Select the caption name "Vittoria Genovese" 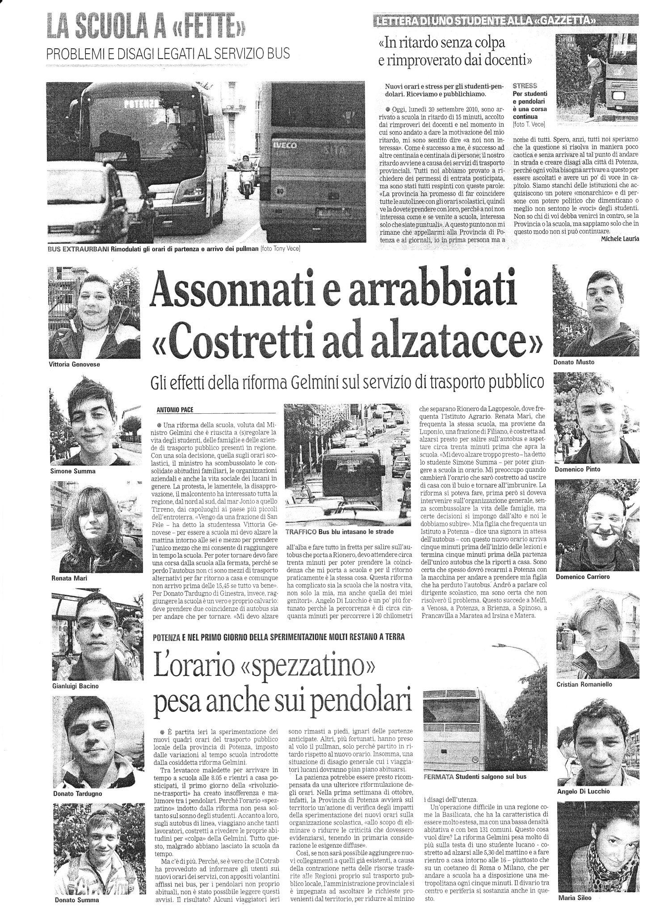pyautogui.click(x=74, y=364)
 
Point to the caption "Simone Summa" pyautogui.click(x=72, y=471)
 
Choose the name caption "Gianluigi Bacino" pyautogui.click(x=75, y=686)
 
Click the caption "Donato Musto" pyautogui.click(x=574, y=362)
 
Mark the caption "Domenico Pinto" pyautogui.click(x=577, y=469)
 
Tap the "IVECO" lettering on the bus pyautogui.click(x=283, y=145)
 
